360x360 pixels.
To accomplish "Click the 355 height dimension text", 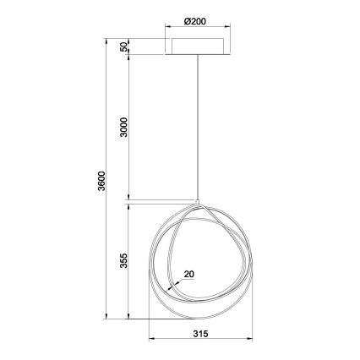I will pos(123,261).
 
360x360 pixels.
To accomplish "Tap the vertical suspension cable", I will pos(199,127).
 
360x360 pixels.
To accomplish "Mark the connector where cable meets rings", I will pos(199,203).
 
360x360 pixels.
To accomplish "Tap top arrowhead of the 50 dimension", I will pos(129,39).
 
